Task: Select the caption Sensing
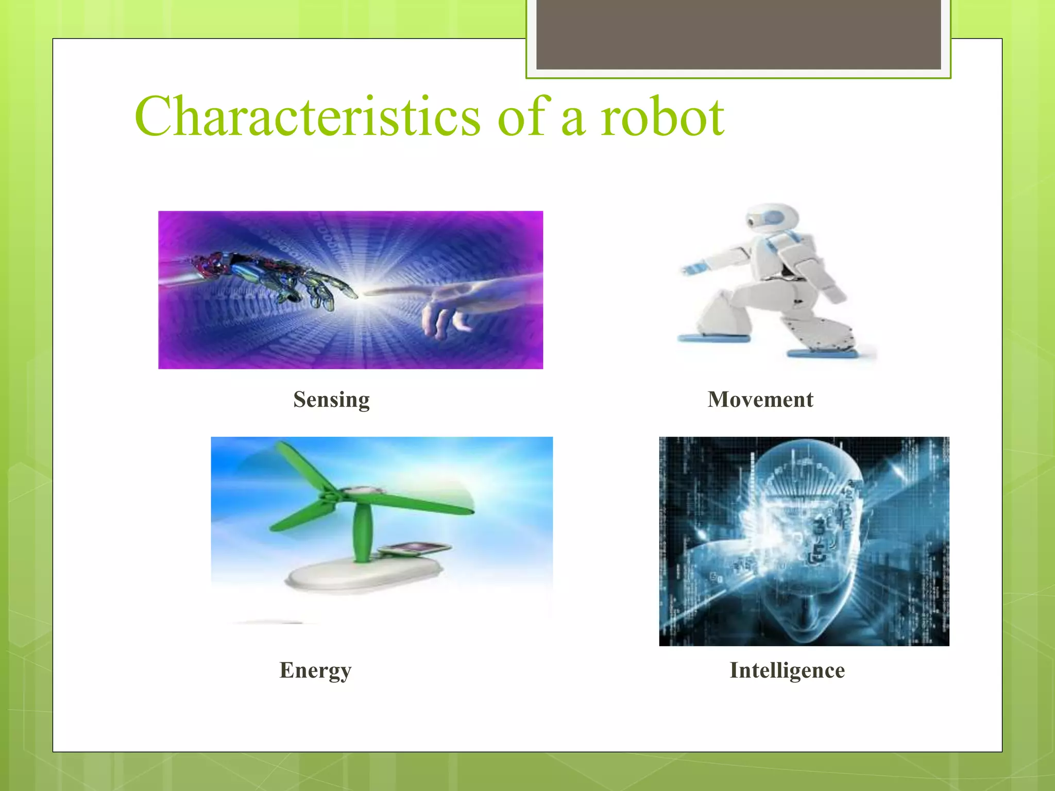coord(331,400)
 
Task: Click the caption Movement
coord(760,400)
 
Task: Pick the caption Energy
coord(315,670)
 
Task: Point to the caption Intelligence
coord(787,670)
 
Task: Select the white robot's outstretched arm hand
coord(693,268)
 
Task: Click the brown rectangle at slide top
coord(738,34)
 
